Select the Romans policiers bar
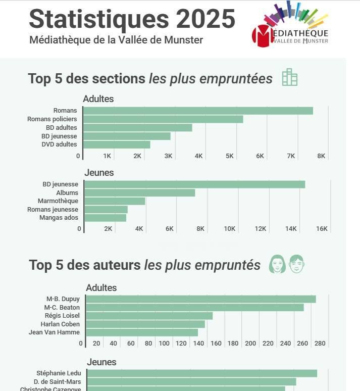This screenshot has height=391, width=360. (163, 119)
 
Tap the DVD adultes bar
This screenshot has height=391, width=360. (117, 144)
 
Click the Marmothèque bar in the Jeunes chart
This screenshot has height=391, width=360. (115, 201)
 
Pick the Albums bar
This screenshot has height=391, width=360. (139, 192)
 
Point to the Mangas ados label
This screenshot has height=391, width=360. (59, 218)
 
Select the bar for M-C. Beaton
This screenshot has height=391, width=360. (195, 307)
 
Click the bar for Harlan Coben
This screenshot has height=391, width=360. (145, 324)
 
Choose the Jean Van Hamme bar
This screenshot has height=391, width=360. (142, 332)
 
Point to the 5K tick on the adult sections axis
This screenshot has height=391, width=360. (229, 156)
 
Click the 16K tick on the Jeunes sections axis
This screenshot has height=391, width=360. (322, 229)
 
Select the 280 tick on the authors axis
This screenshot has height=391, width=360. (320, 344)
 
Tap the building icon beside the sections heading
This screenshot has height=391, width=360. (290, 77)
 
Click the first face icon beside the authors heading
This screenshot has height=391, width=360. (277, 264)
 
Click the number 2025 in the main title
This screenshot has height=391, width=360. (205, 19)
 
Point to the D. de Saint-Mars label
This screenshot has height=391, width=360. (58, 382)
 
